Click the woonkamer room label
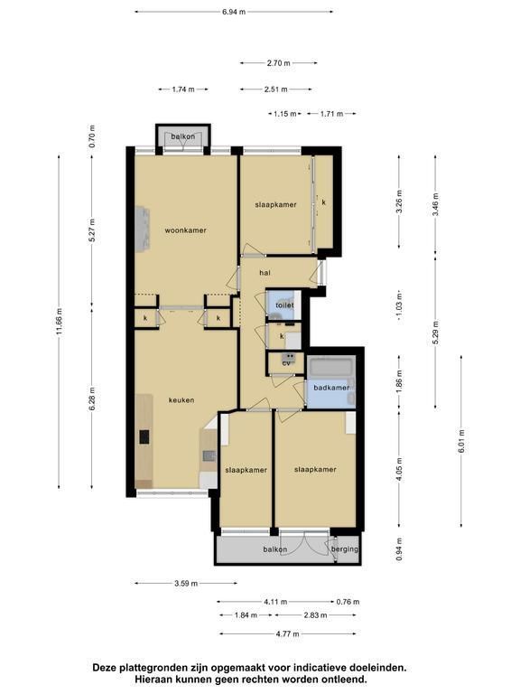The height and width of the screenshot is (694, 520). [x=185, y=230]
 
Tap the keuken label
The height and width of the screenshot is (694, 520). [x=181, y=400]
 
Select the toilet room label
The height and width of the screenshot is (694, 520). [x=284, y=305]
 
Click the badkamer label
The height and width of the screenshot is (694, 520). [x=331, y=388]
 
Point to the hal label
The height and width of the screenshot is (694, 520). [x=265, y=273]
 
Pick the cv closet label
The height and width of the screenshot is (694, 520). [x=286, y=363]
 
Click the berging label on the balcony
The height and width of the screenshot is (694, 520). [x=345, y=549]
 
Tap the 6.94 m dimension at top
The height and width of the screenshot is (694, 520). [x=234, y=12]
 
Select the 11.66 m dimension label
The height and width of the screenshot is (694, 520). [x=60, y=322]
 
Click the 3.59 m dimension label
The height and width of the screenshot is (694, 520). [x=186, y=584]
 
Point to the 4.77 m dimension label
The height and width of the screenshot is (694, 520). [x=287, y=633]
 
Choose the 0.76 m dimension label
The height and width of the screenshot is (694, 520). [x=348, y=602]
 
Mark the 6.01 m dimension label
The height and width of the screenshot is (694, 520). [x=461, y=441]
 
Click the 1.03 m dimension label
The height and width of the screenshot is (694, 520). [x=400, y=306]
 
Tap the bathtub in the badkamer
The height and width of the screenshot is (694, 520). [x=331, y=367]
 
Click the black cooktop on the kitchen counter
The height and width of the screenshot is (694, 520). [x=145, y=436]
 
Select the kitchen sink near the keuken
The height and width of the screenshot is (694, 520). [x=209, y=455]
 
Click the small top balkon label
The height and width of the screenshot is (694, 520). [x=183, y=136]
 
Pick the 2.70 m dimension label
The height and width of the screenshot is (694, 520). [x=279, y=63]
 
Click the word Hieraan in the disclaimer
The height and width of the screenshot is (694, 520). [x=152, y=679]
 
